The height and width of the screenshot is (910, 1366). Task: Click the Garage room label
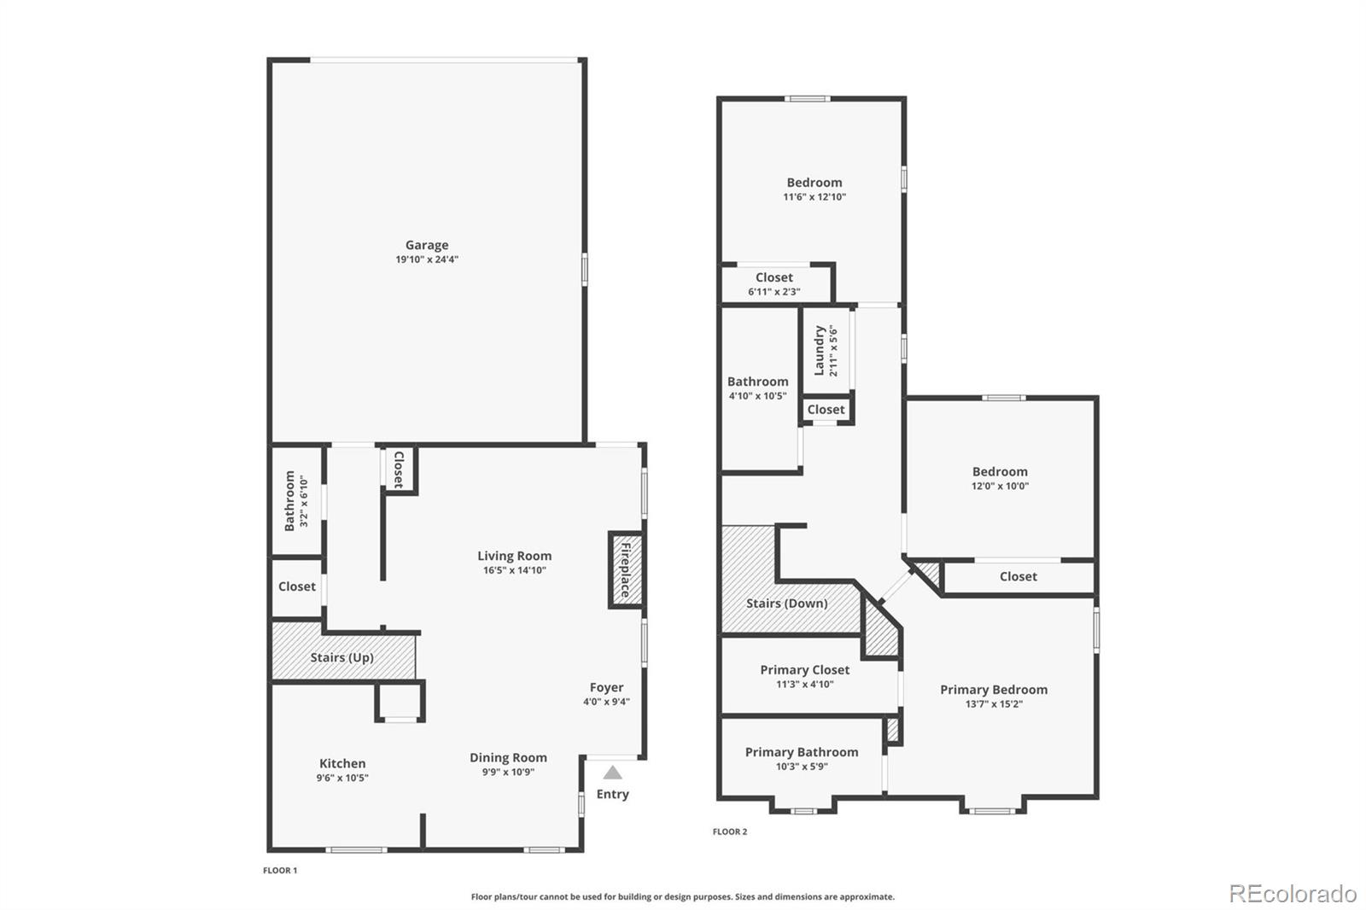pos(427,245)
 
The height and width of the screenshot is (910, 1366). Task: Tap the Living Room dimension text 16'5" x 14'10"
pos(514,570)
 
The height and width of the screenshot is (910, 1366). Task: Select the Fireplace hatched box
pos(626,569)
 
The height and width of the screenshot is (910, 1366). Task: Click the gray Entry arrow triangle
pos(612,773)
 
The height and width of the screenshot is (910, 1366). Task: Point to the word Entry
pos(612,794)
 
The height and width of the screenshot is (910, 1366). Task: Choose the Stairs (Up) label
pos(341,657)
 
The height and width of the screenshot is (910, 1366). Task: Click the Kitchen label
pos(342,763)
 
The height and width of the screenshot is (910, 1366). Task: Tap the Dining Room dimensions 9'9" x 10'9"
pos(508,772)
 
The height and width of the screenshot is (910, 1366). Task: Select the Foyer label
pos(606,687)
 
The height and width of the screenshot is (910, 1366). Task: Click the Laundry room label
pos(819,350)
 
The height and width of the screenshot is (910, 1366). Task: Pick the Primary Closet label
pos(804,669)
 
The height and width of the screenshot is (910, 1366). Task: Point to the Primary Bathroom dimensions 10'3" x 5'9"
pos(802,766)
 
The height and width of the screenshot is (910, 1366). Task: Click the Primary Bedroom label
pos(994,689)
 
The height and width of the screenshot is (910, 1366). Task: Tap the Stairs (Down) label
pos(786,604)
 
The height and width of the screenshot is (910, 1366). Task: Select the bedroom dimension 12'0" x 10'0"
pos(1000,486)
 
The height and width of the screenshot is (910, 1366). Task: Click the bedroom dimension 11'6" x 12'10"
pos(814,197)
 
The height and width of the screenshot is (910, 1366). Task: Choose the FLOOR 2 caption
pos(729,831)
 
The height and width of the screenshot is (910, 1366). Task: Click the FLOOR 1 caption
pos(280,871)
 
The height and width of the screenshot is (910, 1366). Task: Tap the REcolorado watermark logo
pos(1293,894)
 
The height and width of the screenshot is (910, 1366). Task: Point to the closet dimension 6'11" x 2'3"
pos(773,292)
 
